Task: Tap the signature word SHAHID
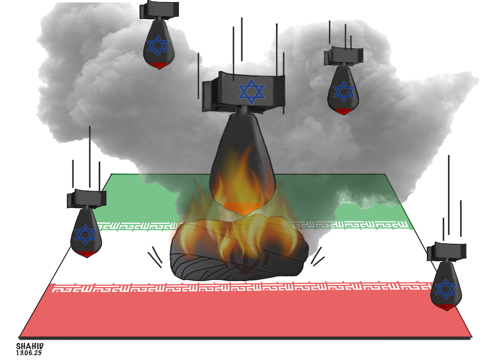pyautogui.click(x=30, y=346)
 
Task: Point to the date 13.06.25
pyautogui.click(x=30, y=353)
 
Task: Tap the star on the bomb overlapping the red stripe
pyautogui.click(x=446, y=289)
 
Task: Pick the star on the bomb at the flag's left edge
pyautogui.click(x=85, y=235)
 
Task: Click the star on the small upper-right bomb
pyautogui.click(x=344, y=91)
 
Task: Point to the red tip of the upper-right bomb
pyautogui.click(x=344, y=111)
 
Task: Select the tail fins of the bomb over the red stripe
pyautogui.click(x=447, y=250)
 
